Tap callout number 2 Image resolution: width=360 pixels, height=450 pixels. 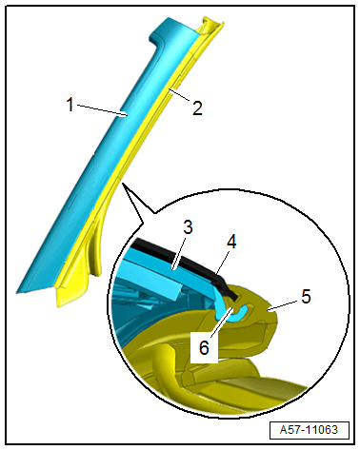[x=196, y=108]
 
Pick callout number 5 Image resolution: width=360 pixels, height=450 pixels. [x=305, y=296]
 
